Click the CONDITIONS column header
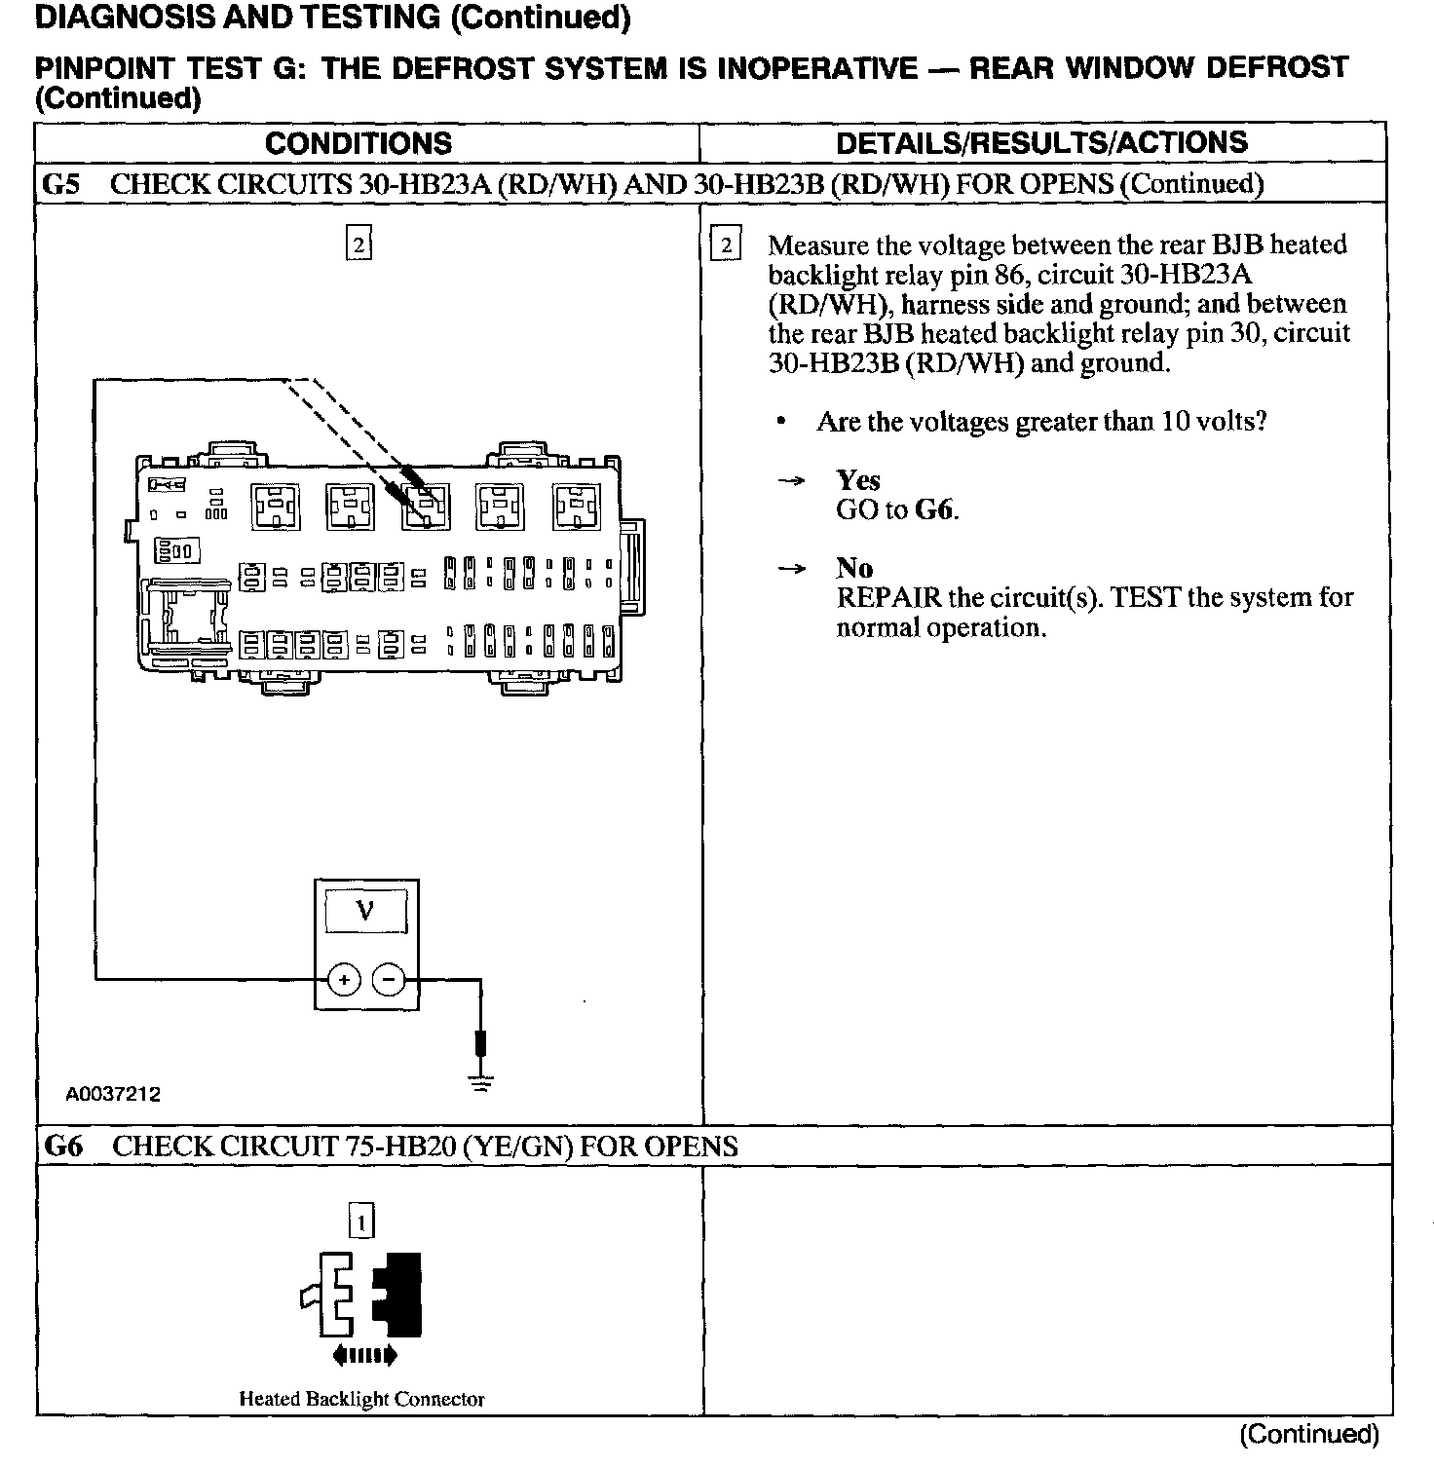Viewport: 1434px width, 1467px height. tap(358, 144)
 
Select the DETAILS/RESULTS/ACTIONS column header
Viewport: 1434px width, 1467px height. tap(1041, 143)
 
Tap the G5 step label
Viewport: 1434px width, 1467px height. tap(61, 184)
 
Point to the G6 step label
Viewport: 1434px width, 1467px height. tap(63, 1146)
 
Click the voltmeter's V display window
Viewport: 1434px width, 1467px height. tap(365, 911)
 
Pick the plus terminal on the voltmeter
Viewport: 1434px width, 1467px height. tap(344, 978)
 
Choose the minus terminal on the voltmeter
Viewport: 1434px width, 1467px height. tap(389, 978)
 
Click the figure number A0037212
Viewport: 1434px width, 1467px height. tap(113, 1094)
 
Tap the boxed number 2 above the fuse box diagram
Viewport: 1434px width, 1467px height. tap(359, 244)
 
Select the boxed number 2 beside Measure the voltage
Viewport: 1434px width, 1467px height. tap(726, 244)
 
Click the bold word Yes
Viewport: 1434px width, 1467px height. tap(858, 480)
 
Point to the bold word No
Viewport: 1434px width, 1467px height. tap(854, 568)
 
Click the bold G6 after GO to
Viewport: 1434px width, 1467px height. tap(934, 509)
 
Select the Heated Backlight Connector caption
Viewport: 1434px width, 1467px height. tap(361, 1399)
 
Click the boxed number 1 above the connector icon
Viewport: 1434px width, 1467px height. tap(360, 1221)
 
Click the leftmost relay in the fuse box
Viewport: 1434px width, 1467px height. tap(277, 507)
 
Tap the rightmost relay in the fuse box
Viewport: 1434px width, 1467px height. tap(577, 507)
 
